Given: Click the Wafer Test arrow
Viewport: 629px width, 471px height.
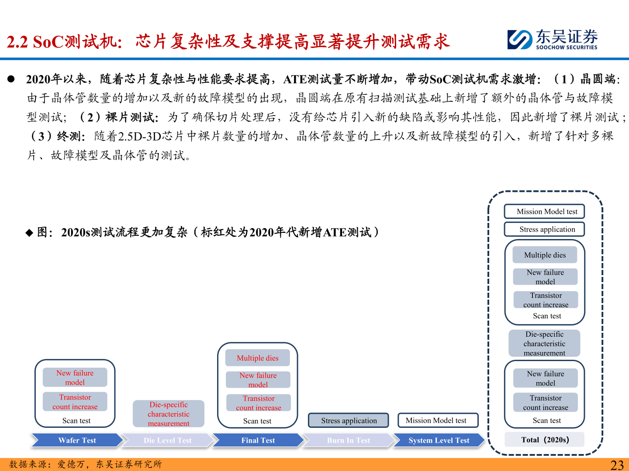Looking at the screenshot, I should point(77,440).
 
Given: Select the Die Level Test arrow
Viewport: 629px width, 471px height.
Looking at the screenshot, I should point(167,440).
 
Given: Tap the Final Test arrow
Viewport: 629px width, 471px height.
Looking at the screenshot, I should point(258,440).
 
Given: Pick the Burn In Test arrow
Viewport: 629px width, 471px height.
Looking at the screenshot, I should point(348,440).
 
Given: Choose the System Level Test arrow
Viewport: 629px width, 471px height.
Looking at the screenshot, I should point(439,440).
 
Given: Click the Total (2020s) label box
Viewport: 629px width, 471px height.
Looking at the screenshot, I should point(545,440).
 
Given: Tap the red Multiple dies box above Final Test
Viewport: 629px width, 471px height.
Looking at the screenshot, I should point(257,358).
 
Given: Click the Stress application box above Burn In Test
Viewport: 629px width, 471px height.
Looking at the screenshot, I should point(349,420).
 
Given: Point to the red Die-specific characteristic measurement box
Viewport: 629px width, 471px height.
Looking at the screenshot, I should point(169,414).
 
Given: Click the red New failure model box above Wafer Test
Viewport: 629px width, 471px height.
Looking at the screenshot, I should point(75,378).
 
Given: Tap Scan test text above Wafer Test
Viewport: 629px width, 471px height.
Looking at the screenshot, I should point(76,421).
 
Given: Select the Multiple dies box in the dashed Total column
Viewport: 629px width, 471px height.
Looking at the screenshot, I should point(545,255).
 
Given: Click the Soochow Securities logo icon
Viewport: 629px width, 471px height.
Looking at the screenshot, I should point(520,39).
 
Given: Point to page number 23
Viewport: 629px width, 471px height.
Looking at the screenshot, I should point(617,465).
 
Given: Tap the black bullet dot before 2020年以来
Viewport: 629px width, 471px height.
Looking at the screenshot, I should point(11,79).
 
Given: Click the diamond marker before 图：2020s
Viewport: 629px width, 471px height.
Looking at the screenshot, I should point(29,233).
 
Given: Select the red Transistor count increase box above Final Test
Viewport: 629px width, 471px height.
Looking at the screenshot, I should point(258,403).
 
